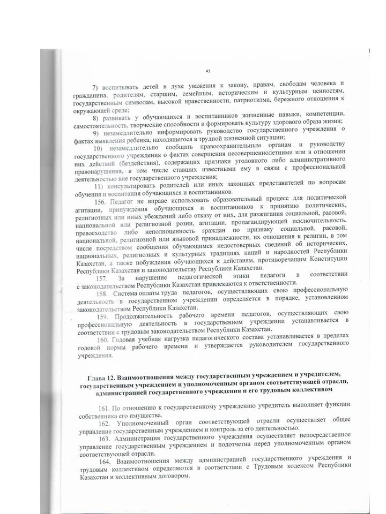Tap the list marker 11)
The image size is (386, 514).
pos(99,185)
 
